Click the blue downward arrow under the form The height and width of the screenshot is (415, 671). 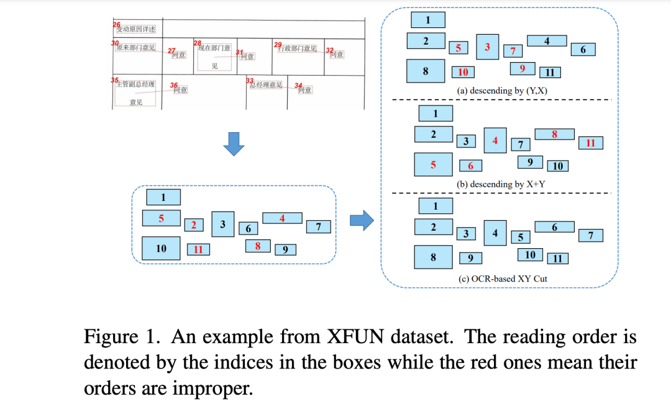tap(234, 143)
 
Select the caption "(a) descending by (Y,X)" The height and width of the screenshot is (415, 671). tap(503, 91)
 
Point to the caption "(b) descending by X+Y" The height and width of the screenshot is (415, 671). tap(502, 184)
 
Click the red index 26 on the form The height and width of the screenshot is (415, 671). tap(117, 25)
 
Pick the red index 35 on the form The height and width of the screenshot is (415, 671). tap(114, 81)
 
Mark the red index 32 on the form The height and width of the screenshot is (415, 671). tap(329, 50)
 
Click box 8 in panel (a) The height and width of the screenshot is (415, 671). tap(426, 71)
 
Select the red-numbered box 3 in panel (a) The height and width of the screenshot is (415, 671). tap(488, 47)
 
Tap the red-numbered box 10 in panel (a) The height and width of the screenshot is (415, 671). tap(463, 73)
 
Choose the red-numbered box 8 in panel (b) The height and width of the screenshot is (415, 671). tap(554, 134)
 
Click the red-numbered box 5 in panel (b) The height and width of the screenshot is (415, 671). tap(433, 165)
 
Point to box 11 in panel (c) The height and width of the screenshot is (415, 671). tap(557, 258)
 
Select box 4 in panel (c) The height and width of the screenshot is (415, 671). tap(495, 233)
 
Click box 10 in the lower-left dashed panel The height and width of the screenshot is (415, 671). tap(161, 248)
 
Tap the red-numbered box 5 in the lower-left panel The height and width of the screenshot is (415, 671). tap(161, 218)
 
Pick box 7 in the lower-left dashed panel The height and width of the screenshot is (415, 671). tap(319, 227)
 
